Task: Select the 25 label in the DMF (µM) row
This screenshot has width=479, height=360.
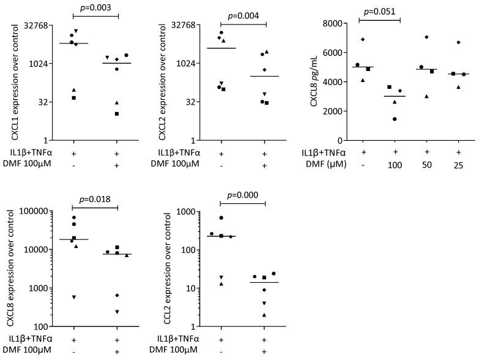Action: point(459,163)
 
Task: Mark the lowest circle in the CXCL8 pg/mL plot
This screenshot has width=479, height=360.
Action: point(395,119)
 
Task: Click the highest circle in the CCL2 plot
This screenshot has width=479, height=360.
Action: point(221,218)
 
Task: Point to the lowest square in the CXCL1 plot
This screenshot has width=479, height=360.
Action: point(117,113)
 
